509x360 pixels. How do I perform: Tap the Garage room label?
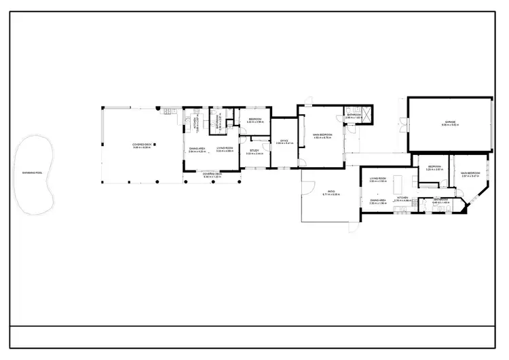point(449,123)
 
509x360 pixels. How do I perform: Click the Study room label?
point(254,151)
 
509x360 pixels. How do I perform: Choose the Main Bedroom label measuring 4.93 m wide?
point(321,135)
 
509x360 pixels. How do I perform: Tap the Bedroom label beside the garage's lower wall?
point(434,167)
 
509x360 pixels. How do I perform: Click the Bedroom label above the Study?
point(254,120)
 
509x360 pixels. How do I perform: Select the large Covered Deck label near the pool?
point(140,145)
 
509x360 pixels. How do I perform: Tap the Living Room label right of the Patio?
point(377,180)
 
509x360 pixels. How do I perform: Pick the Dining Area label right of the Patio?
point(378,201)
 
